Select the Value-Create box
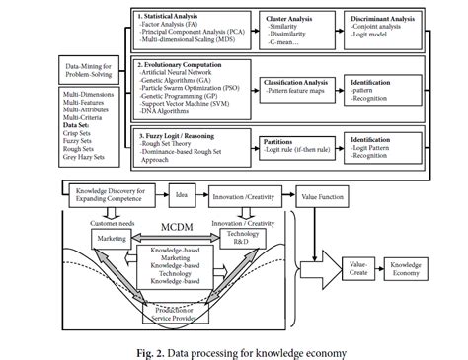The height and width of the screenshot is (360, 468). (x=357, y=266)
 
